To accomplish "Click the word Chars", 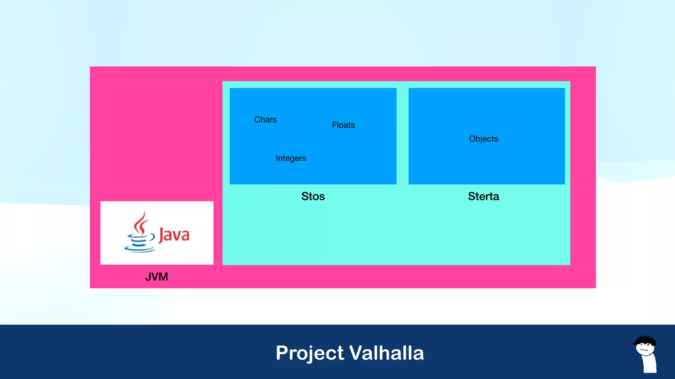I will [265, 119].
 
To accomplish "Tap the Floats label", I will [343, 125].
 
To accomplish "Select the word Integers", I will [291, 158].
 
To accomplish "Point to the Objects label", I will [483, 139].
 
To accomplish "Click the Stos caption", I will [313, 196].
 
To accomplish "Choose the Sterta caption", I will [483, 196].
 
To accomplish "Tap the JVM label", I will [157, 277].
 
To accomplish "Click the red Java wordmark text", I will [174, 235].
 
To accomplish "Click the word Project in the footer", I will [310, 353].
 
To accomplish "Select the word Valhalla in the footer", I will [386, 353].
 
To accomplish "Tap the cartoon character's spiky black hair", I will [645, 340].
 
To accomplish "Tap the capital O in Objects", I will [473, 139].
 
